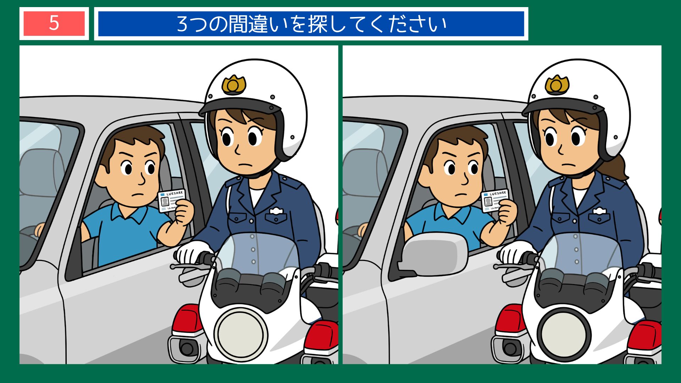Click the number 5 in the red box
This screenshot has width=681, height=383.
pos(54,23)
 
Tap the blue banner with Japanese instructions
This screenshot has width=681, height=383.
pos(311,24)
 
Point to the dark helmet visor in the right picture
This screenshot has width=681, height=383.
pos(564,106)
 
